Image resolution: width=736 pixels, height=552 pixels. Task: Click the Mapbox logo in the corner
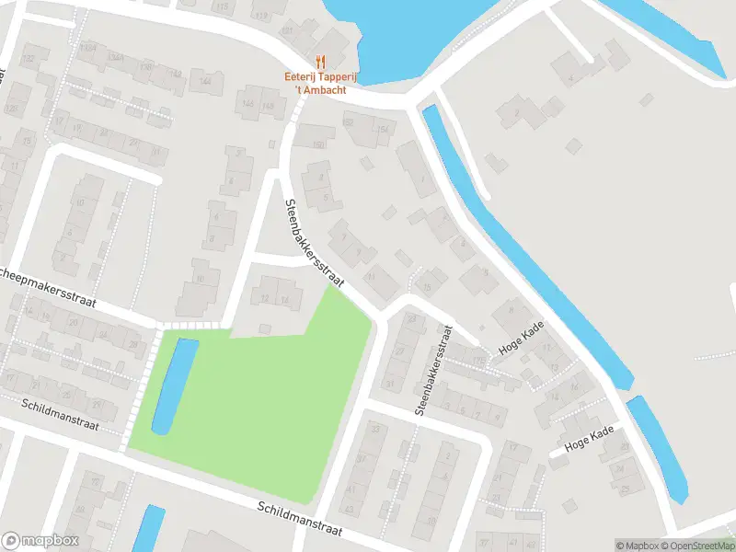(40, 541)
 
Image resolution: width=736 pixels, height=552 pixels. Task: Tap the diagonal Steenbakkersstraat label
(314, 244)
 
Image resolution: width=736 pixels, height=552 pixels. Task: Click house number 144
(205, 82)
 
